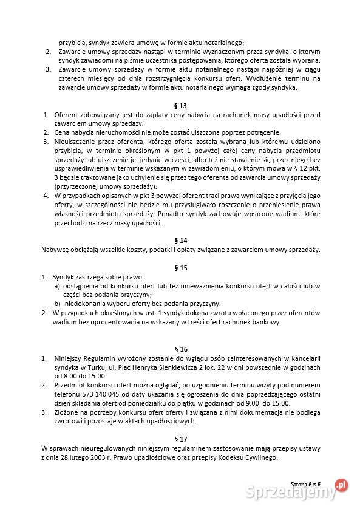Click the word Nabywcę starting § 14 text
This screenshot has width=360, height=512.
pyautogui.click(x=56, y=250)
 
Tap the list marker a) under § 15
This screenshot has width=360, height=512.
pyautogui.click(x=57, y=285)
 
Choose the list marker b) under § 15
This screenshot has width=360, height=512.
pyautogui.click(x=57, y=304)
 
